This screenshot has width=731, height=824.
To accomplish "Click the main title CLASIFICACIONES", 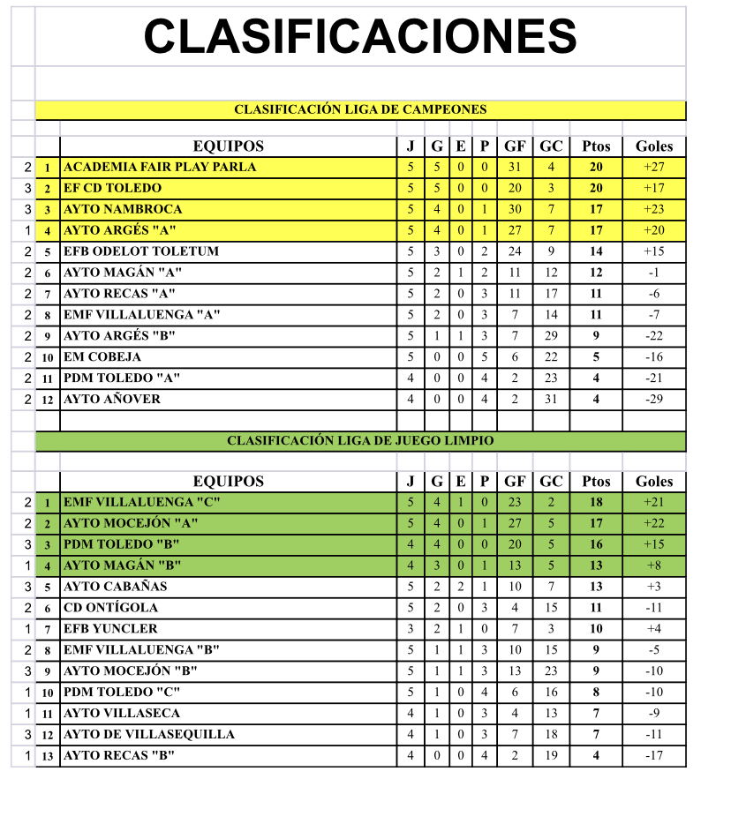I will (x=360, y=36).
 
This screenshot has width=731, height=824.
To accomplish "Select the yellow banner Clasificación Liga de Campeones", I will (x=360, y=110).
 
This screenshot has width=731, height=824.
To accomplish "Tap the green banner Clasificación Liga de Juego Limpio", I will (x=360, y=440).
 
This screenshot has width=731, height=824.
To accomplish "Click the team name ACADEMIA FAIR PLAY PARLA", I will (x=160, y=167).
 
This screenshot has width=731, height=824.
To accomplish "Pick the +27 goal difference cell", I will (x=654, y=167).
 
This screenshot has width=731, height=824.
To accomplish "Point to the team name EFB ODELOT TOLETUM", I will (x=141, y=251).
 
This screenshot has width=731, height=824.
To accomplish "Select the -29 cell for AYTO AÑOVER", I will (x=654, y=400).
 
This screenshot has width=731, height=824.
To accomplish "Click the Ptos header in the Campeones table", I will (x=596, y=146).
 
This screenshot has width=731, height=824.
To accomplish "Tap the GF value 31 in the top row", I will (x=515, y=167).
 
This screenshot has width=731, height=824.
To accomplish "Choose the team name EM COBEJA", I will (x=102, y=357).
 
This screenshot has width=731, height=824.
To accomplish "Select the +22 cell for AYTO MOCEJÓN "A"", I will (x=654, y=523).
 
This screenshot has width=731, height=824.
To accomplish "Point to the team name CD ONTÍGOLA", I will (x=111, y=608).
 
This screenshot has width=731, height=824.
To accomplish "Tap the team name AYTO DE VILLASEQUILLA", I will (x=149, y=735).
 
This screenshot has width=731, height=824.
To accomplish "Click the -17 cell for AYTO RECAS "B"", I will (x=654, y=756).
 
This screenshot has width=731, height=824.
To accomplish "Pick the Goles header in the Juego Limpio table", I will (x=654, y=482).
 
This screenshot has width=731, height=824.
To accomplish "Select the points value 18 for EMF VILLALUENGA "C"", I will (x=596, y=502).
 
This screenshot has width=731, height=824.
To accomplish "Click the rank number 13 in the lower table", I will (x=48, y=756).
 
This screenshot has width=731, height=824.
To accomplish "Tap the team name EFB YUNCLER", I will (x=110, y=629).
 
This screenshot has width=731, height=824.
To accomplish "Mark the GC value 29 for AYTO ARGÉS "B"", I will (x=551, y=336).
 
